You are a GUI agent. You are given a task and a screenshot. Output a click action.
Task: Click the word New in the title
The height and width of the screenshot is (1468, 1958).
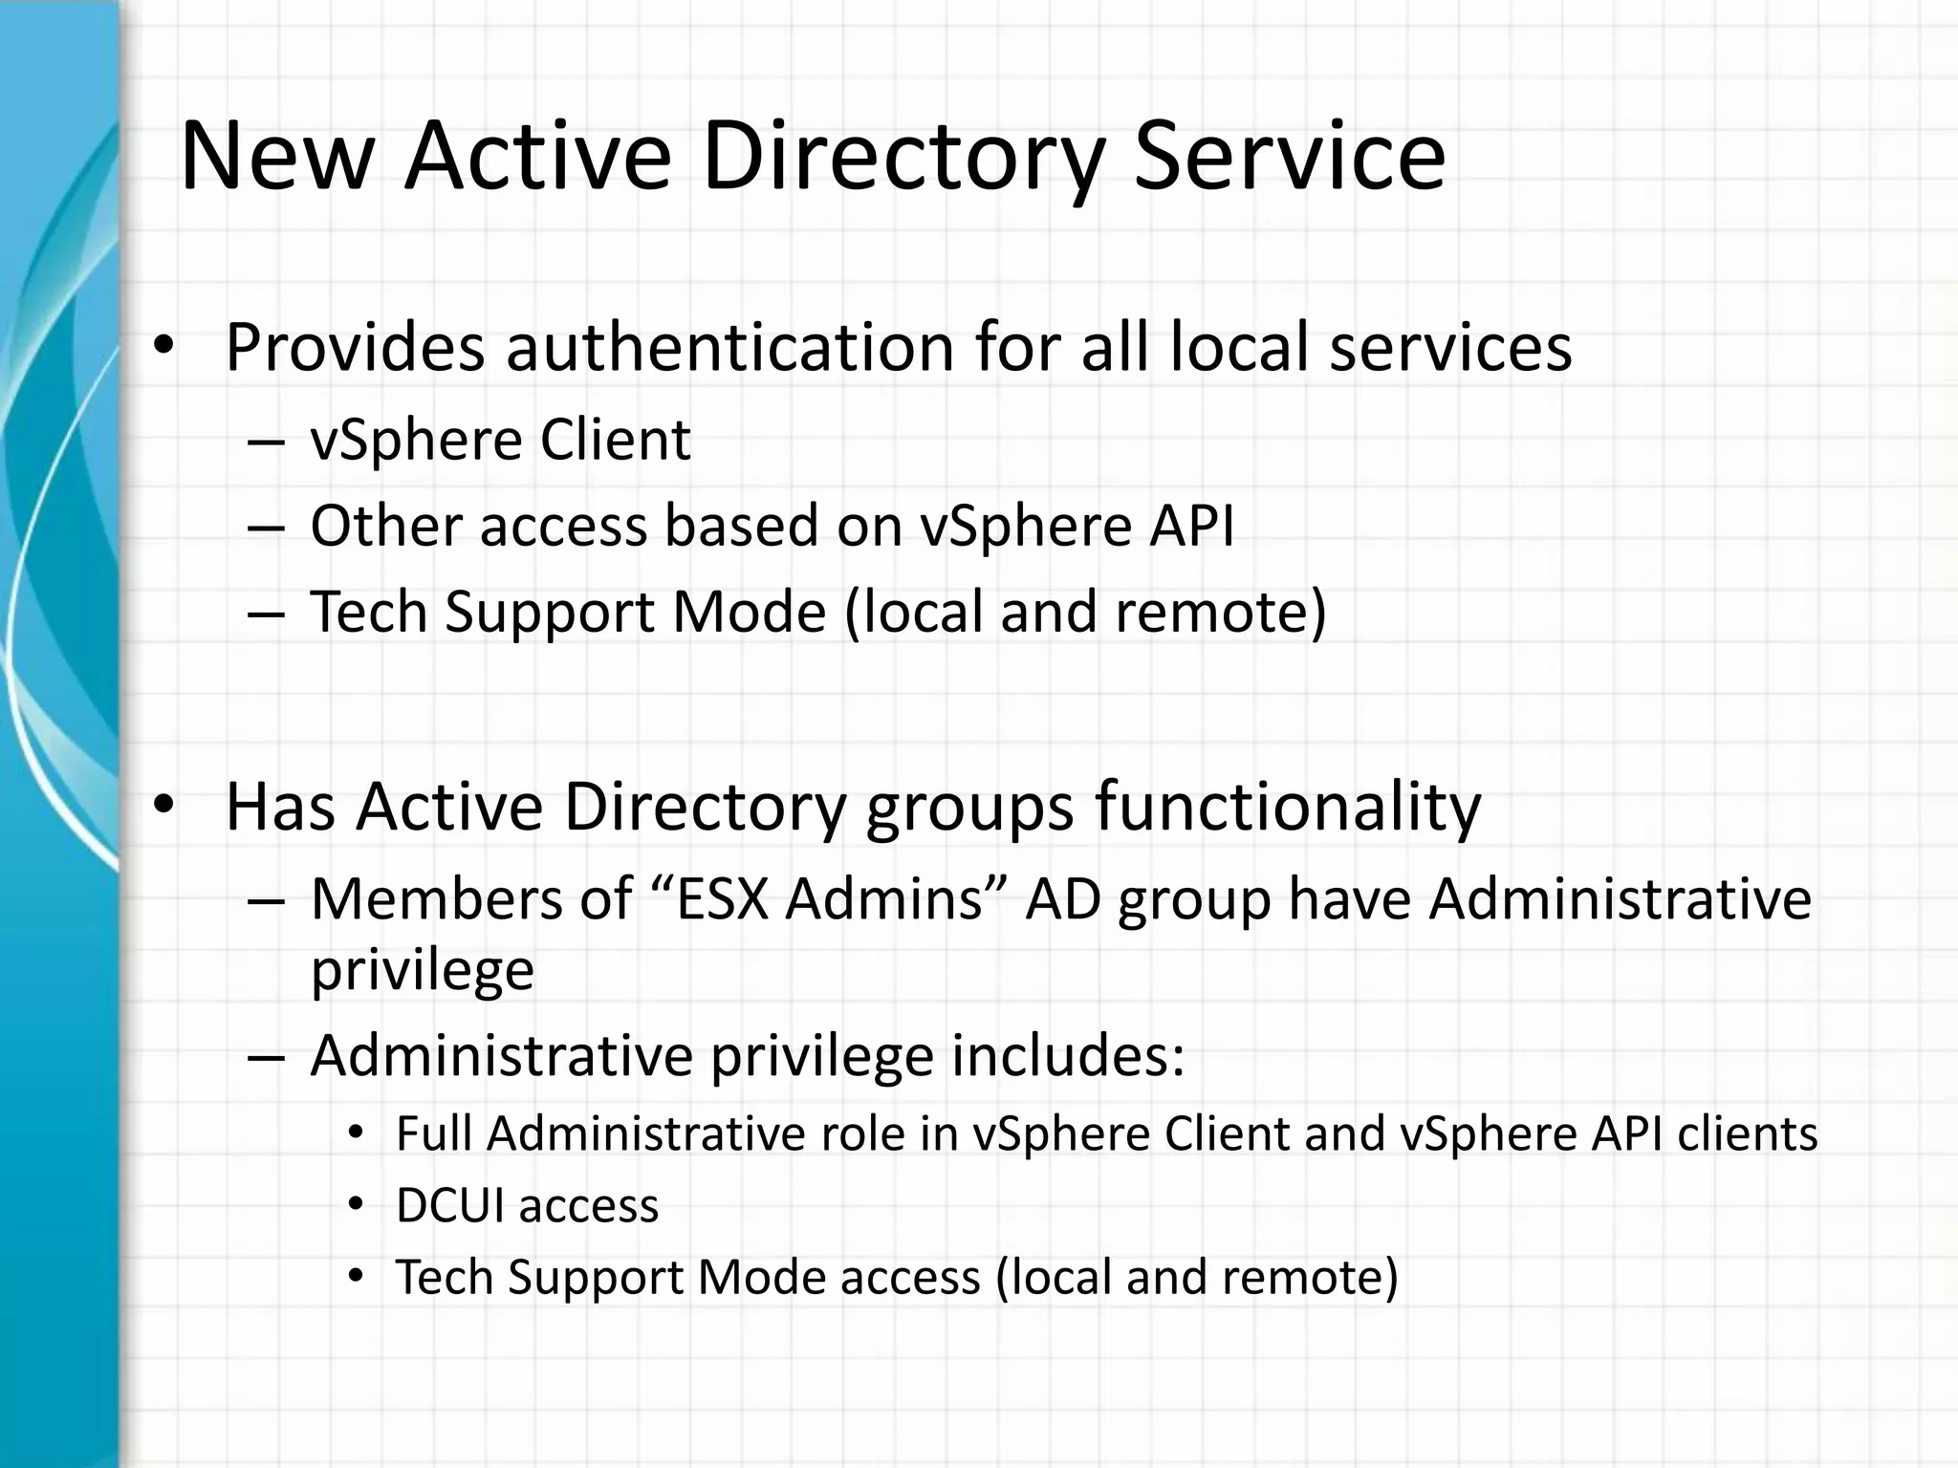point(275,157)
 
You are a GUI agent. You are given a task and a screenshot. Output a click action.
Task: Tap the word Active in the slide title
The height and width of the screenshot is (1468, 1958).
point(537,157)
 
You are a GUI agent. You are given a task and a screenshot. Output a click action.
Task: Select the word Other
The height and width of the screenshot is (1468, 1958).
point(384,526)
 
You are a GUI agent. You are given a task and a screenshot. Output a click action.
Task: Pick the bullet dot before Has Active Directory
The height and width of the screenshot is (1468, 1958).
point(163,806)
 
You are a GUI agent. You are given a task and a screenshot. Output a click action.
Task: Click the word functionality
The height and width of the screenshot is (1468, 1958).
point(1288,806)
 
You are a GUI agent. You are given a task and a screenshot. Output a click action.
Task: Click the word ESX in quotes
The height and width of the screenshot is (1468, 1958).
point(723,899)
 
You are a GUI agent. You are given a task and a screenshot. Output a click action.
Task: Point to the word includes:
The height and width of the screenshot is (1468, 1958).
point(1068,1055)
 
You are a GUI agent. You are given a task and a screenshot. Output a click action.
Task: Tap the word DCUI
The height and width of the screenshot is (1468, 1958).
point(449,1205)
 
